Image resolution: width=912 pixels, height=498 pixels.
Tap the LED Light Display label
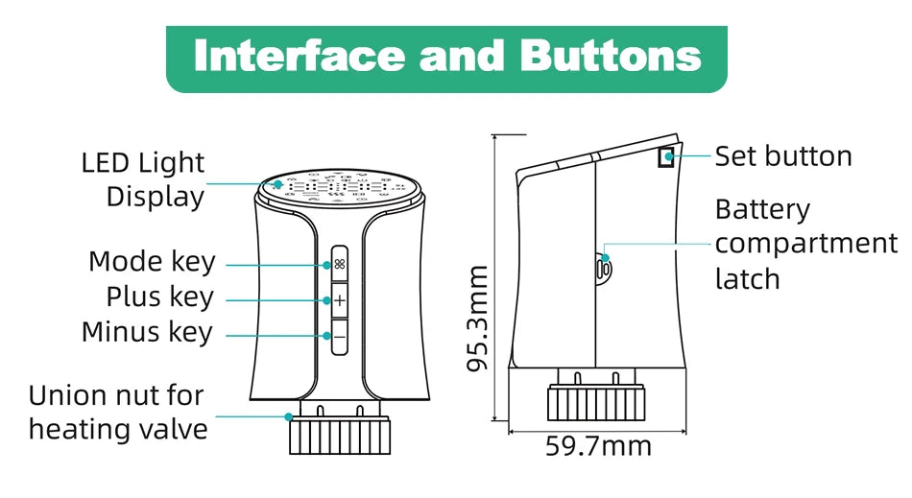[143, 179]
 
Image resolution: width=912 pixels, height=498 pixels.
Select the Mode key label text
[152, 261]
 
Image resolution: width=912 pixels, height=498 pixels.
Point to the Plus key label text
[159, 296]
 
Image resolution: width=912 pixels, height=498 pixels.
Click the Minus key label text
[147, 332]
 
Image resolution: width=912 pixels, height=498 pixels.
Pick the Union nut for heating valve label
[117, 412]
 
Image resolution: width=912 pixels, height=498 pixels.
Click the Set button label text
[783, 156]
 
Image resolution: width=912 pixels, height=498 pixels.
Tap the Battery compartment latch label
[804, 244]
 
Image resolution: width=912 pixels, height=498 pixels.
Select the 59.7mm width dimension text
[598, 446]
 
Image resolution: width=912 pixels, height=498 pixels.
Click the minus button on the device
[340, 337]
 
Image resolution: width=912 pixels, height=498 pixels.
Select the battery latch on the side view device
[603, 268]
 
